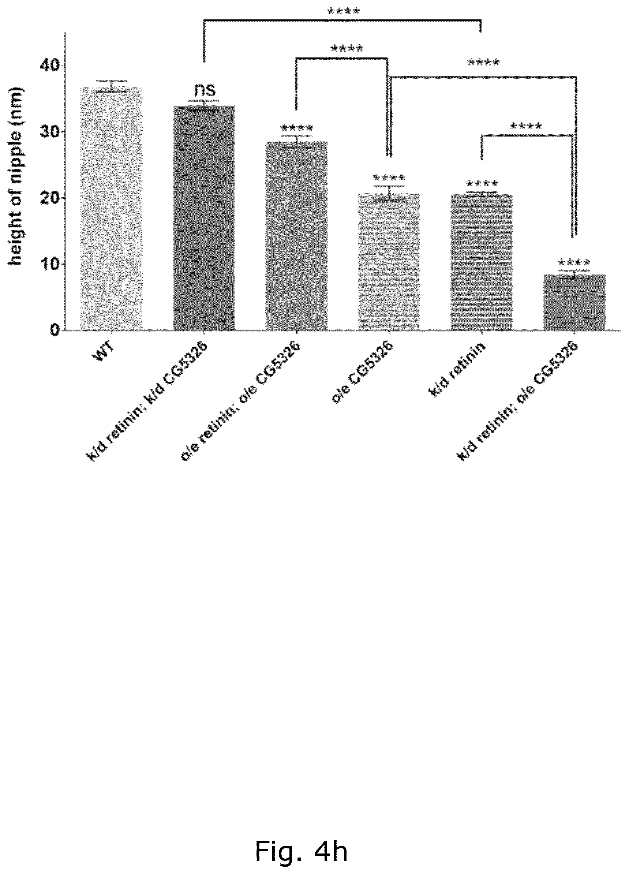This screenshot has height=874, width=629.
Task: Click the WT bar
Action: click(111, 209)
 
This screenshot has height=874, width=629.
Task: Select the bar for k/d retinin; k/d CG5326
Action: click(204, 218)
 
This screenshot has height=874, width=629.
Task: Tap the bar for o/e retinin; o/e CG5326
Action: click(296, 236)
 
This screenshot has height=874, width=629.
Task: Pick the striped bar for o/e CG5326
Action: click(389, 262)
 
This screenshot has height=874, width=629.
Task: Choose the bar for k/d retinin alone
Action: click(482, 262)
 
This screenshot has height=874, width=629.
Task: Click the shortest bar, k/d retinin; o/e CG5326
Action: click(574, 303)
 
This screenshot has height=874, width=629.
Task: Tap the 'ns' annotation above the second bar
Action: click(205, 90)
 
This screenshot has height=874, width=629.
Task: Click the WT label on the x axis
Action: click(103, 352)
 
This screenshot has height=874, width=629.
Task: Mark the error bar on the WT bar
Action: click(111, 86)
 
